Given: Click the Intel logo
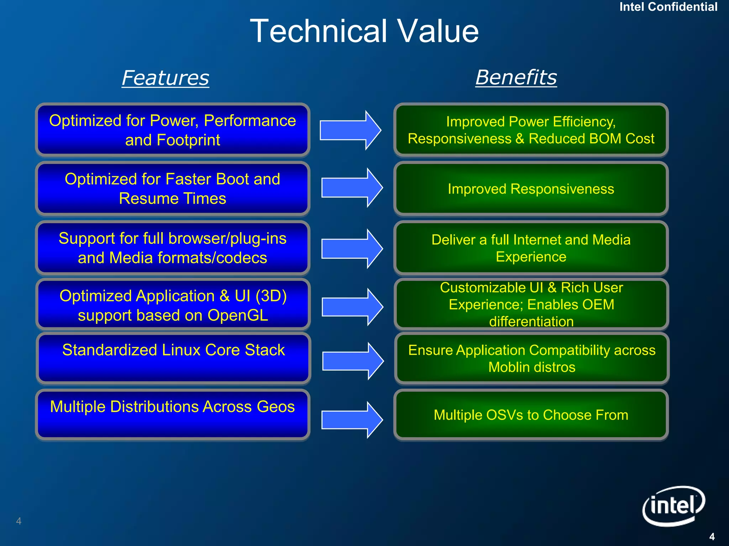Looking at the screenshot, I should [x=673, y=505].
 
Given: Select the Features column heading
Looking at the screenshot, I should [x=166, y=77].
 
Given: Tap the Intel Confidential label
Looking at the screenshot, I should [x=668, y=7].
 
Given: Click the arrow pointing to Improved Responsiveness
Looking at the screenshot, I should [x=352, y=188].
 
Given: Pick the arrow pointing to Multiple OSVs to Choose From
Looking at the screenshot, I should [x=352, y=420].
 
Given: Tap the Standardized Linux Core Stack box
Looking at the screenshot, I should [x=173, y=358].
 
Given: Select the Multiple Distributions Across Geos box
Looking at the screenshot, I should [x=173, y=415].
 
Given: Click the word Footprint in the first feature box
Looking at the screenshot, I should [x=188, y=140].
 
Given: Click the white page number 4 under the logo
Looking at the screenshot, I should [x=712, y=536].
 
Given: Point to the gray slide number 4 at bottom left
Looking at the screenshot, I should [x=19, y=521].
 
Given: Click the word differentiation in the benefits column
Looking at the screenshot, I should [x=531, y=321].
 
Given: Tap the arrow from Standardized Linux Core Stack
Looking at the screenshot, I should [x=352, y=361].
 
